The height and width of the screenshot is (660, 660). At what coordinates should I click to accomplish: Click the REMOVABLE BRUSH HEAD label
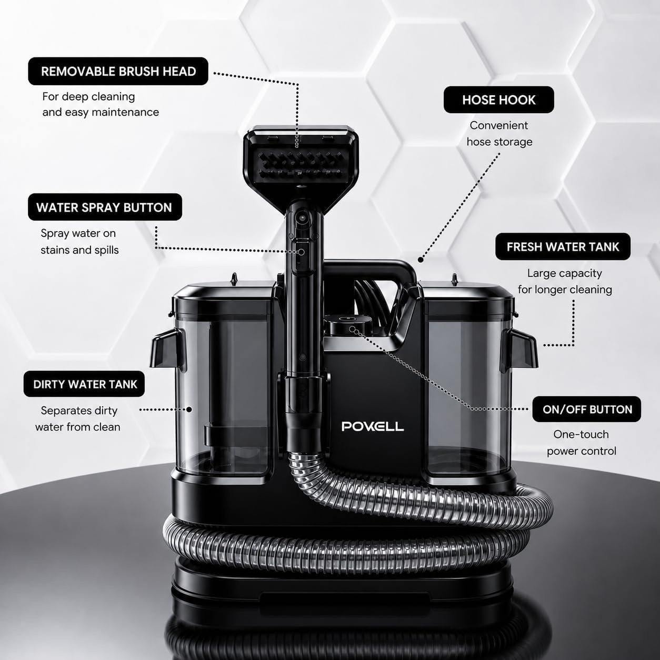coord(118,71)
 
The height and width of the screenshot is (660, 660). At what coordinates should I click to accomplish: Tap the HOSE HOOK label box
coord(498,99)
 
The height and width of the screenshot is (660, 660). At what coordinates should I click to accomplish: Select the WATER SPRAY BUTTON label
coord(105,207)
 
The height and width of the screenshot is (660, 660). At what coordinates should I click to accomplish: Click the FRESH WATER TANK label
coord(563,247)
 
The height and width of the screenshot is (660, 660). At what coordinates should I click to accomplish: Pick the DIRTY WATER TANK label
coord(84,384)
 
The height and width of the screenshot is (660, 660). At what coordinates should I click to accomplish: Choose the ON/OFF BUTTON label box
coord(586,409)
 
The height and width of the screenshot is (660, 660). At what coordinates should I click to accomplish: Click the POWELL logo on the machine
coord(373,426)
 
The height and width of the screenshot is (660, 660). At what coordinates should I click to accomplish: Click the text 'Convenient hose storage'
coord(499,134)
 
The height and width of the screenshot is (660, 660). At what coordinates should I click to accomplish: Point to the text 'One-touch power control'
coord(581,443)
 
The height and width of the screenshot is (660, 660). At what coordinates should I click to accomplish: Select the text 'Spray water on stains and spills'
coord(79,242)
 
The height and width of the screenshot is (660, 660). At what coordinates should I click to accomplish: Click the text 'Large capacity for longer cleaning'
coord(565,281)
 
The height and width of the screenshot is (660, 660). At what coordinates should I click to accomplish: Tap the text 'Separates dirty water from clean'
coord(78,418)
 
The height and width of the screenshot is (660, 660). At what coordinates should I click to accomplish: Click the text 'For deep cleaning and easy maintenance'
coord(101,104)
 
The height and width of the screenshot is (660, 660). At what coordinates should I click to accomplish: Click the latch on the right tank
coord(519,350)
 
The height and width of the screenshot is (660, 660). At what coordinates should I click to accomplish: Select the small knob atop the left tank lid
coord(234,279)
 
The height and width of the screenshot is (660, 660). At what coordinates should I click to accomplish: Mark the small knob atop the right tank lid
coord(455,280)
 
